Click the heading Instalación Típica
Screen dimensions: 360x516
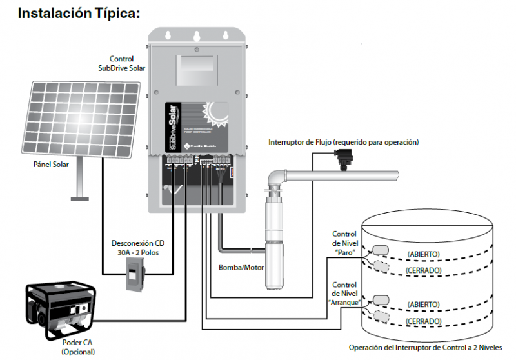coord(79,13)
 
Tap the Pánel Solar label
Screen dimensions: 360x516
coord(52,165)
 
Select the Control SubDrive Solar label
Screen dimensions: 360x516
coord(122,64)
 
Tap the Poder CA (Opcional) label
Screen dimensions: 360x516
coord(78,346)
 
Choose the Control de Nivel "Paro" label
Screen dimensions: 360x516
coord(344,243)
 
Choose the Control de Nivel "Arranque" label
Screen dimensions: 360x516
coord(344,294)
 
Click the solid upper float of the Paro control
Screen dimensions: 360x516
coord(380,251)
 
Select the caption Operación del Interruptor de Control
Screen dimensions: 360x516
coord(426,346)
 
